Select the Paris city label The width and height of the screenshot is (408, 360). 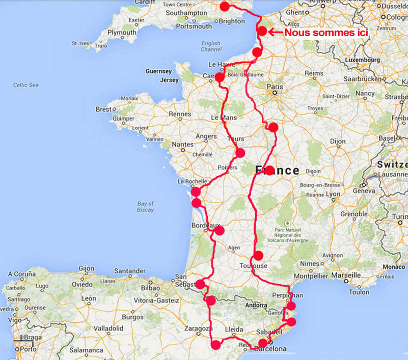coord(275,87)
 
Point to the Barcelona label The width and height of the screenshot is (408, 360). coord(273,349)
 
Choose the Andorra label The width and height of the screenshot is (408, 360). coord(256,306)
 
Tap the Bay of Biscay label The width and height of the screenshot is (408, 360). coord(145,206)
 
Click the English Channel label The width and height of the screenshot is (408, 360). coord(211,46)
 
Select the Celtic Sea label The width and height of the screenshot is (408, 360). coord(26,85)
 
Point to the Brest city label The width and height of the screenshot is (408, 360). coord(103,109)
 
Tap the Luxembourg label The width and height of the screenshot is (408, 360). coord(365,60)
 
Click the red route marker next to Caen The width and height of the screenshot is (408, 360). coord(220,77)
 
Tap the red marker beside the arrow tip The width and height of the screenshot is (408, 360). coord(262,31)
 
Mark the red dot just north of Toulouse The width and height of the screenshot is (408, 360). coord(258,255)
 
